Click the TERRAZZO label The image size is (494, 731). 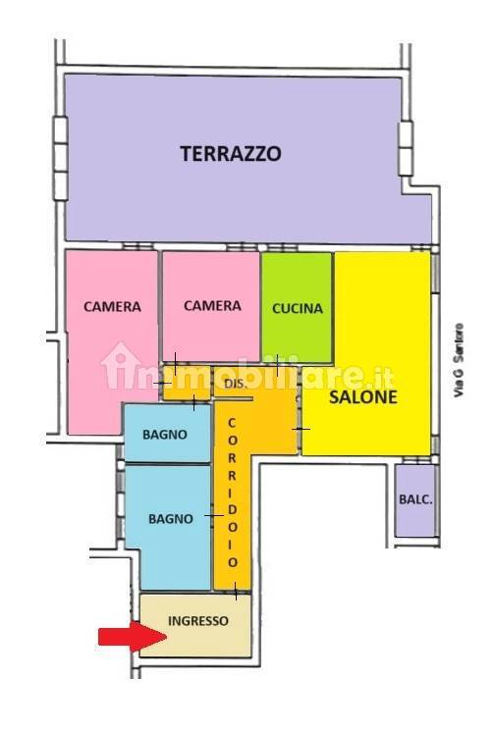click(x=231, y=153)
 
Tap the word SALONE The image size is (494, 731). click(x=363, y=396)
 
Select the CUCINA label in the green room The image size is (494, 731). click(x=298, y=308)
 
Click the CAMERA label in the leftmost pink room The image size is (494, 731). click(x=112, y=306)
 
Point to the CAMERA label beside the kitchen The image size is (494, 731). click(x=212, y=305)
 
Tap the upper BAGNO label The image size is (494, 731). click(x=165, y=435)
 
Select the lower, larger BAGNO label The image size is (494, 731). click(x=171, y=519)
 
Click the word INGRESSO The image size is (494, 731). click(x=198, y=621)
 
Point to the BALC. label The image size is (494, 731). click(x=415, y=499)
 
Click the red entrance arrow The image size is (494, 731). click(x=133, y=637)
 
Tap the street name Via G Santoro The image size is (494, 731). click(x=459, y=360)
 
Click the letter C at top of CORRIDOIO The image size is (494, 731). click(x=232, y=423)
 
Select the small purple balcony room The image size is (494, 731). click(x=415, y=500)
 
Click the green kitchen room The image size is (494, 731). click(x=297, y=307)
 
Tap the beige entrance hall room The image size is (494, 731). click(x=195, y=625)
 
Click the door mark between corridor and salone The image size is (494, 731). click(x=301, y=429)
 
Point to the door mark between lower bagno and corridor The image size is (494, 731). click(x=214, y=515)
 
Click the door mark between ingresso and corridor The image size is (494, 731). click(x=236, y=591)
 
